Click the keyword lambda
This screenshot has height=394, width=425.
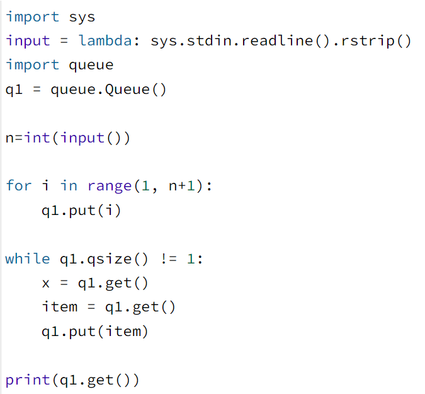tap(105, 41)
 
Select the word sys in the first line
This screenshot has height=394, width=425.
tap(82, 17)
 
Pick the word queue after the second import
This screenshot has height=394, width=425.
tap(91, 65)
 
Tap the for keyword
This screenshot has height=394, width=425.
tap(19, 185)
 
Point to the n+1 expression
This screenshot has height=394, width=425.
tap(183, 185)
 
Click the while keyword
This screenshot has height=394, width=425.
tap(28, 258)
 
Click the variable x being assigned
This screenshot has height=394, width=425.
tap(46, 283)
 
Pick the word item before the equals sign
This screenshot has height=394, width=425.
tap(60, 307)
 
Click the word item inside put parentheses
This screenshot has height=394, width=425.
tap(123, 331)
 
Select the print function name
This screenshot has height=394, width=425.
tap(28, 380)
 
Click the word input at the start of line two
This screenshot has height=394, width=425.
tap(28, 41)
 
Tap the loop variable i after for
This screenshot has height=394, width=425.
tap(46, 185)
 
